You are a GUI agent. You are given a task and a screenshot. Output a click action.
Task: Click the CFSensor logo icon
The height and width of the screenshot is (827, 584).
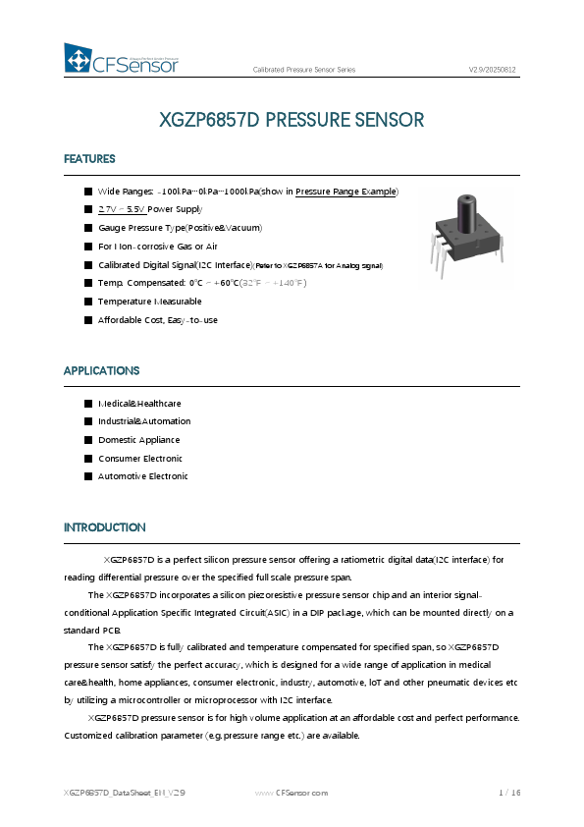pos(78,58)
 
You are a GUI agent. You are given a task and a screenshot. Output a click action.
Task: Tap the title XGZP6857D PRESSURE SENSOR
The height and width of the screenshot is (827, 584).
pos(292,120)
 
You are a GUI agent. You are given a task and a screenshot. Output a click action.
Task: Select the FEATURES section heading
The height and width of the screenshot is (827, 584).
pos(89,159)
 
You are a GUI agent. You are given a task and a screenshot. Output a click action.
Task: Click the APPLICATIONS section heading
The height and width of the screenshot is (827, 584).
pos(101,371)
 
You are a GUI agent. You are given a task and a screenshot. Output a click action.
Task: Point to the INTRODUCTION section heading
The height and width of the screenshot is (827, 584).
pos(104,528)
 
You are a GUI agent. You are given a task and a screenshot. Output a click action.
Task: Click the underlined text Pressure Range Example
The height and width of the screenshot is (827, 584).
pos(345,191)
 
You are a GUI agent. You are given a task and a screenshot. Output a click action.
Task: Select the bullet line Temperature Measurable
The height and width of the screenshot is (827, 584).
pos(149,302)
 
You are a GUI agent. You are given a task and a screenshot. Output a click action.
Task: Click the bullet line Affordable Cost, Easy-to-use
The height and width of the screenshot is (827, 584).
pos(157,320)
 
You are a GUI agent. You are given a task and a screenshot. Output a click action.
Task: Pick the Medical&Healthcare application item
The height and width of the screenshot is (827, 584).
pos(139,404)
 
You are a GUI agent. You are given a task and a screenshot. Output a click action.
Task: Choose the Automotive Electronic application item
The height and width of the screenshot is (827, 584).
pos(142,476)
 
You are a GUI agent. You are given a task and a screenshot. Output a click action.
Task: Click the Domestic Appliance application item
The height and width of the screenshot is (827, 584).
pos(138,440)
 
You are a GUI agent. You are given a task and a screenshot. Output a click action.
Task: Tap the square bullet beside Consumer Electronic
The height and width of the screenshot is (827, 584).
pos(88,459)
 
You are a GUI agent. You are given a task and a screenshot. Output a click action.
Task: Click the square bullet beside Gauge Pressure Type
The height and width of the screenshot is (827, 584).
pos(88,228)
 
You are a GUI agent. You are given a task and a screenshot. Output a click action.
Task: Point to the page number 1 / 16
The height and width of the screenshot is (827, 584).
pos(509,793)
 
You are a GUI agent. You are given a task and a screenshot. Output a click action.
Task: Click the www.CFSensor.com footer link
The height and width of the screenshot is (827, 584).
pos(292,793)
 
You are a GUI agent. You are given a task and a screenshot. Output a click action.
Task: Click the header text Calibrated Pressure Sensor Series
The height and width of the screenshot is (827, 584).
pos(304,71)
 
